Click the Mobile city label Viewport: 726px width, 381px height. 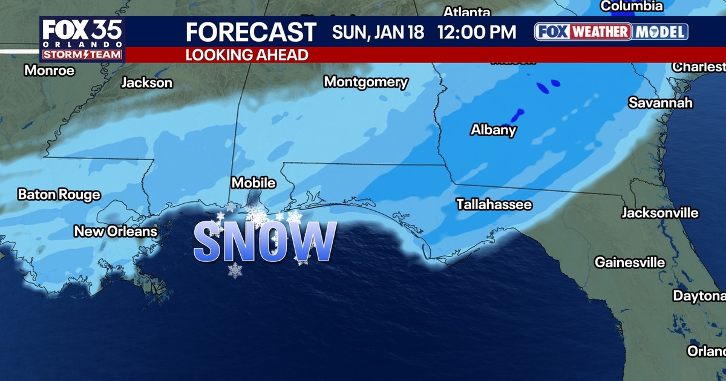click(x=254, y=183)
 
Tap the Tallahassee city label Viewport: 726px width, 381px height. click(x=494, y=204)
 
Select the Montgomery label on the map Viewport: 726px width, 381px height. click(x=365, y=82)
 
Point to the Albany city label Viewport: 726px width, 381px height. click(x=494, y=129)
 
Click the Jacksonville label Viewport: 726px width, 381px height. click(x=660, y=213)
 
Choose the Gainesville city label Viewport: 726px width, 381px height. click(x=630, y=262)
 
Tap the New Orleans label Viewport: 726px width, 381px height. click(x=116, y=231)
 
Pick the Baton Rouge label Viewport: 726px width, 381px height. click(x=59, y=195)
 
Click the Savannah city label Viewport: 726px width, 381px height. click(x=660, y=103)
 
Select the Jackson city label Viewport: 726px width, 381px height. click(x=146, y=83)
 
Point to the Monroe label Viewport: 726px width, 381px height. click(x=50, y=71)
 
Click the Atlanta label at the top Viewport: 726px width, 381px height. click(x=466, y=11)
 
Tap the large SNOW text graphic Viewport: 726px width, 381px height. click(x=264, y=242)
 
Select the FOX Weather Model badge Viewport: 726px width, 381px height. click(x=611, y=32)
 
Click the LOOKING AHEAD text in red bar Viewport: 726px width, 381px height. click(x=246, y=55)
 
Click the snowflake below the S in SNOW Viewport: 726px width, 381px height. click(x=235, y=270)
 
